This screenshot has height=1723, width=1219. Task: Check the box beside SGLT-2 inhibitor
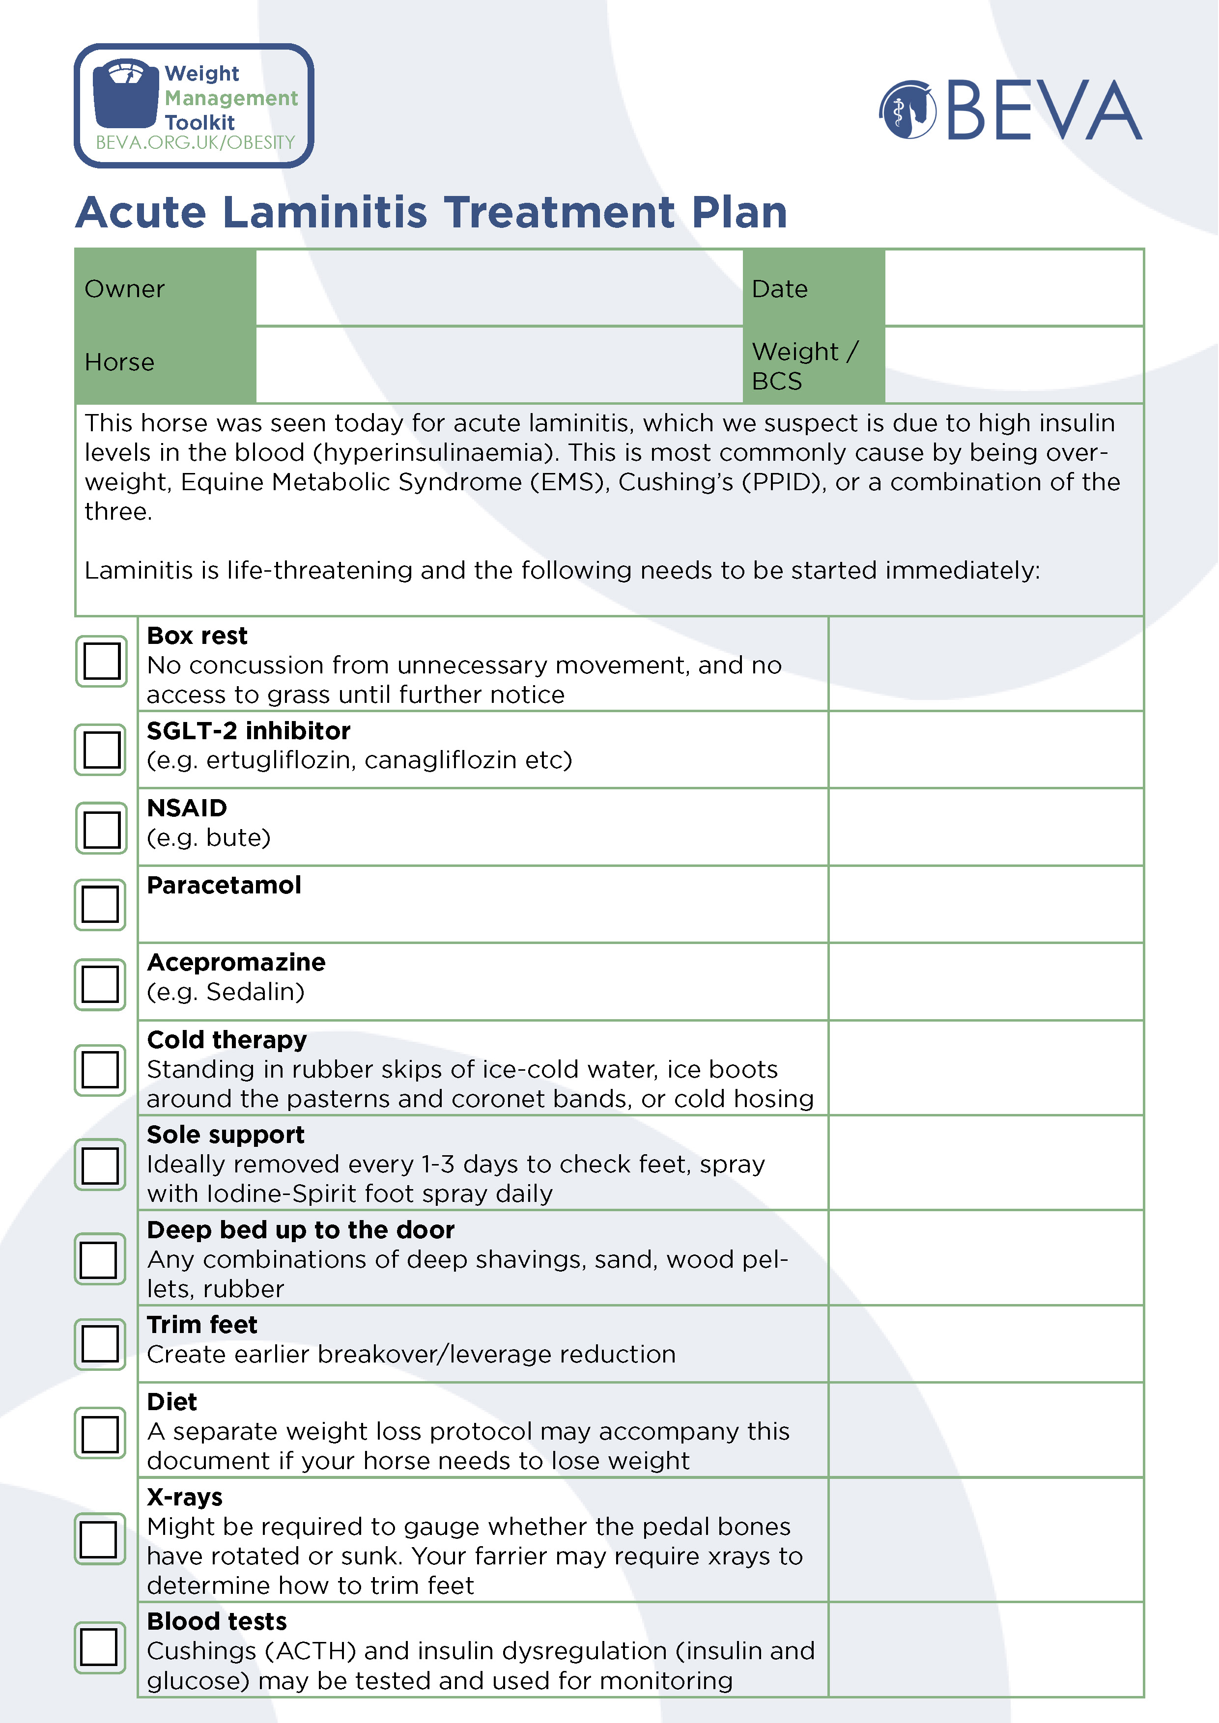[x=101, y=749]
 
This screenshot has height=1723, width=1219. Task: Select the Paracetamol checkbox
[x=100, y=904]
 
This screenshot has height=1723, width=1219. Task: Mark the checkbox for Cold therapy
[x=100, y=1069]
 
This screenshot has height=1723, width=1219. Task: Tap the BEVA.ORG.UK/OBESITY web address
[x=195, y=142]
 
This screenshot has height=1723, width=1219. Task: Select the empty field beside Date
[x=1013, y=288]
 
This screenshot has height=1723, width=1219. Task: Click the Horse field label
[x=119, y=362]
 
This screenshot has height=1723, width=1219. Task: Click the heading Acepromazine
[x=236, y=962]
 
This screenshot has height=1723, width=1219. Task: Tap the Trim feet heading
[x=202, y=1325]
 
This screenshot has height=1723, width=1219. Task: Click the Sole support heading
[x=225, y=1135]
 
